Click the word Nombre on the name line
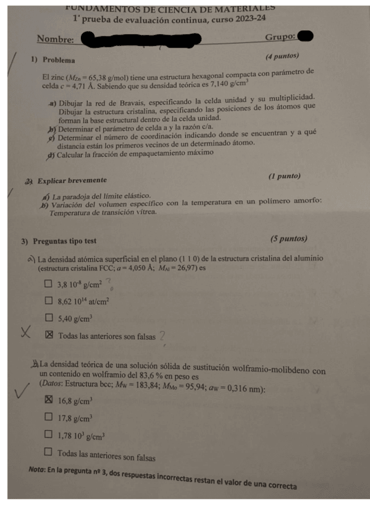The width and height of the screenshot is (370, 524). coord(55,40)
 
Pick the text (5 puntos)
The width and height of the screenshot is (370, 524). coord(288,239)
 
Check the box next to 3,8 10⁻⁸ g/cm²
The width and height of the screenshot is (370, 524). coord(48,285)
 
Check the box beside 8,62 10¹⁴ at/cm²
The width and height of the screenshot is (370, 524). coord(48,302)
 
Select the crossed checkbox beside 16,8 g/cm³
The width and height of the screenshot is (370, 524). coord(48,400)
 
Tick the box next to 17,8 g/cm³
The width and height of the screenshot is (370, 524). coord(48,417)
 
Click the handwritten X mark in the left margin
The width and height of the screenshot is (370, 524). coord(26,334)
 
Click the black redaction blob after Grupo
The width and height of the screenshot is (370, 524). coord(302,36)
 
